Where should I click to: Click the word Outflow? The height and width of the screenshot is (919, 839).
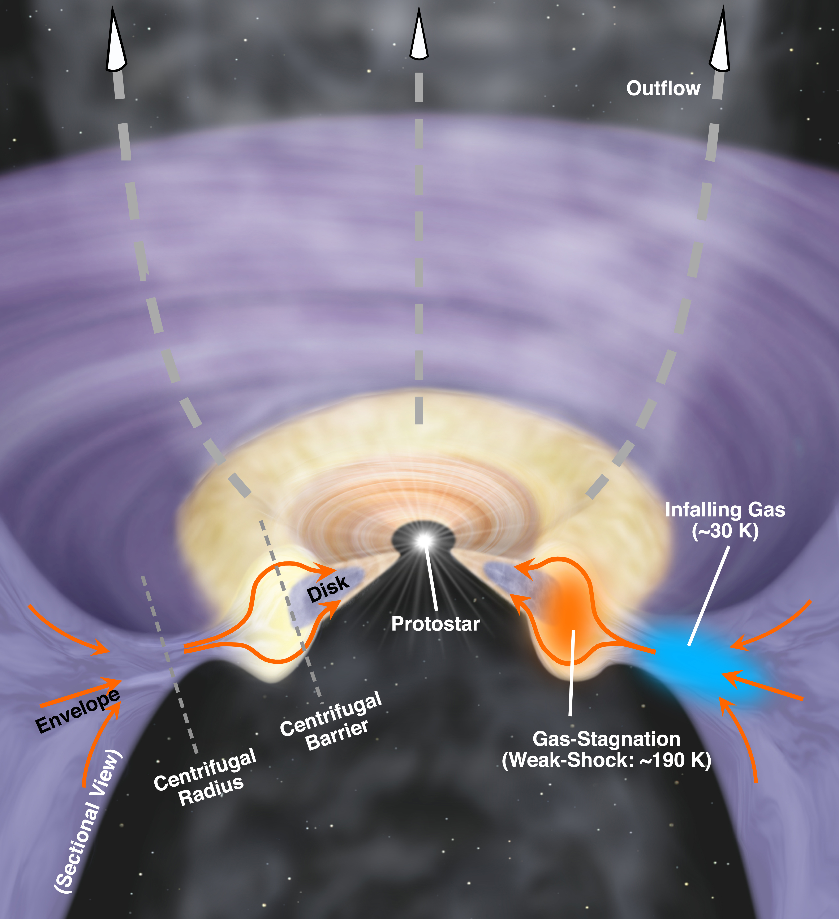(x=663, y=88)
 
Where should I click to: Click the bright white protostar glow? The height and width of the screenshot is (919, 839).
(x=424, y=541)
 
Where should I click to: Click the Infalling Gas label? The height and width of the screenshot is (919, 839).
(x=725, y=510)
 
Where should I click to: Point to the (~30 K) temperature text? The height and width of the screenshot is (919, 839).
(x=725, y=531)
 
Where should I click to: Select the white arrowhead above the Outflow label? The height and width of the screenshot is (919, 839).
(x=720, y=41)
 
